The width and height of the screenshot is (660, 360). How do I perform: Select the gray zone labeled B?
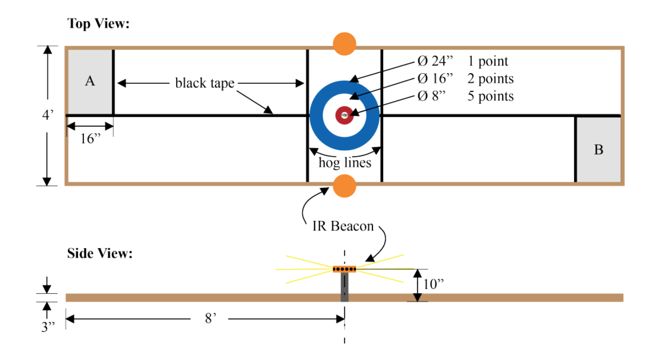[598, 149]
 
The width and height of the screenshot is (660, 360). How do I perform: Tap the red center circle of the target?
[344, 115]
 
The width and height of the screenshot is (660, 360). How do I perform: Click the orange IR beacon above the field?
[344, 44]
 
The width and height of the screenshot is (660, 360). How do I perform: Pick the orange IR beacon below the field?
[344, 186]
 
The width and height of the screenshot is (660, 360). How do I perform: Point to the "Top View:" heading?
[98, 23]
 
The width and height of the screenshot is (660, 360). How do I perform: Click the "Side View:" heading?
[100, 254]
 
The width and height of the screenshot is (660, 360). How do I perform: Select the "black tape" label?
[205, 83]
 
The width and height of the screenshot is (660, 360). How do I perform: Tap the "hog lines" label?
[345, 162]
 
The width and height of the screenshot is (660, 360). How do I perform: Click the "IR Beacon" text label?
[343, 226]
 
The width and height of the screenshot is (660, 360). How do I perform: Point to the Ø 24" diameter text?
[435, 61]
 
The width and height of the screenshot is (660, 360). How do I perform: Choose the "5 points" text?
[491, 96]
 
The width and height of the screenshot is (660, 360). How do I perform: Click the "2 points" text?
[491, 79]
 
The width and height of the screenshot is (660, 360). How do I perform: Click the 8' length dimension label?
[210, 320]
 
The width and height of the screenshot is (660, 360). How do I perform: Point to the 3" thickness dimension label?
[48, 326]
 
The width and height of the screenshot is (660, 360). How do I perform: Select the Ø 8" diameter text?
[432, 96]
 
